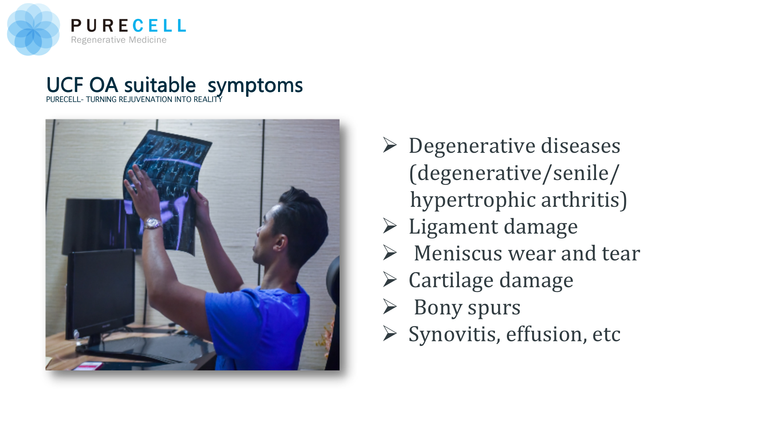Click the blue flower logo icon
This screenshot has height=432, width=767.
click(x=33, y=30)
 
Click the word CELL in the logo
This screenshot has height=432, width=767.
click(x=159, y=26)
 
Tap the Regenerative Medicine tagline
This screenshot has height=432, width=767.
click(x=119, y=40)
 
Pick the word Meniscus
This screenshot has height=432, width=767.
click(x=457, y=253)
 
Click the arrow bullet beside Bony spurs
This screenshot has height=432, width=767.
click(x=390, y=307)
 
